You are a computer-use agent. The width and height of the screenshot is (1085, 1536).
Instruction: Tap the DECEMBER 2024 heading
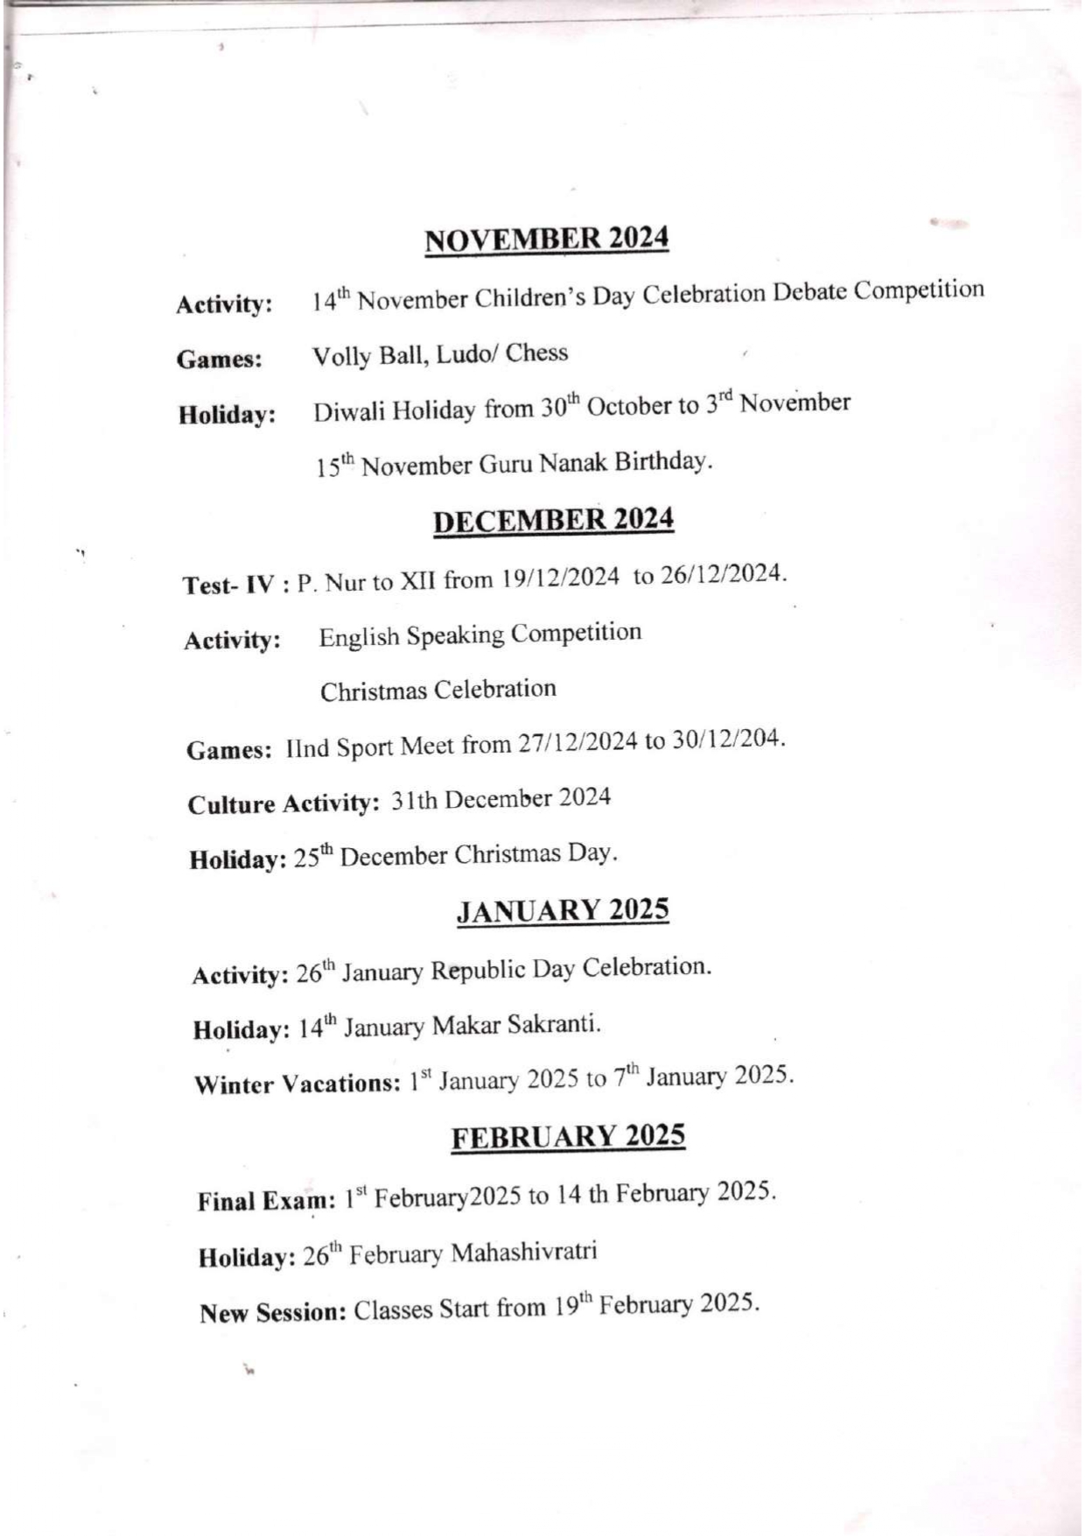[553, 520]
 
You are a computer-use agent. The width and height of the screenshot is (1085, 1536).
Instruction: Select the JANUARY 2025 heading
[563, 910]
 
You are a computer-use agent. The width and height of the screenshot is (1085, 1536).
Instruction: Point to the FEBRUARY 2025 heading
[568, 1137]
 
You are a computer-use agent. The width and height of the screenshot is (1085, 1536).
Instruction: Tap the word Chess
[536, 353]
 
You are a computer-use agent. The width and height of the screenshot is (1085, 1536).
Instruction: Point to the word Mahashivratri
[523, 1252]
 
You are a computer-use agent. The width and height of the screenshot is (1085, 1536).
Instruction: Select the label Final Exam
[266, 1200]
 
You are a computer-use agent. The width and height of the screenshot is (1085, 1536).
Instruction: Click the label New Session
[273, 1313]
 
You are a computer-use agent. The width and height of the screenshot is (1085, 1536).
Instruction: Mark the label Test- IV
[229, 585]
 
